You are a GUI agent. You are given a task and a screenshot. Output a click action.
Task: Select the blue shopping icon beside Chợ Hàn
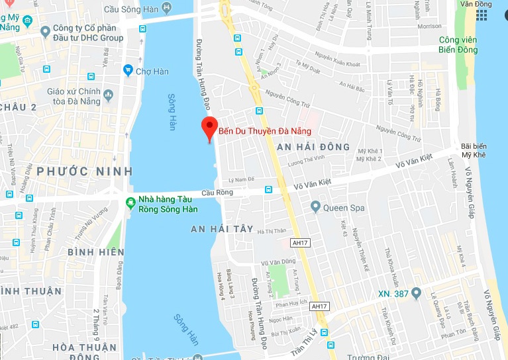pos(128,70)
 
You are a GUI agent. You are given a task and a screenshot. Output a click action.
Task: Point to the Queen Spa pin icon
pos(316,208)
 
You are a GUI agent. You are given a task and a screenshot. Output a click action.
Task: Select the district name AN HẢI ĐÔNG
pos(313,146)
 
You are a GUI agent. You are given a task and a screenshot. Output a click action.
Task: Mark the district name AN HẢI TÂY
pos(222,228)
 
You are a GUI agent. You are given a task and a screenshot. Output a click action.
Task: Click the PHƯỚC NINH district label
pos(72,171)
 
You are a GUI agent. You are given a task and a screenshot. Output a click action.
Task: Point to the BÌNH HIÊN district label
pos(95,252)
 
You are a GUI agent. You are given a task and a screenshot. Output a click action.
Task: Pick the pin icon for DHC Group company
pos(45,31)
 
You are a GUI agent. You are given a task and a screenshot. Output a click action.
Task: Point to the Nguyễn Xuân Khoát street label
pos(339,64)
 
